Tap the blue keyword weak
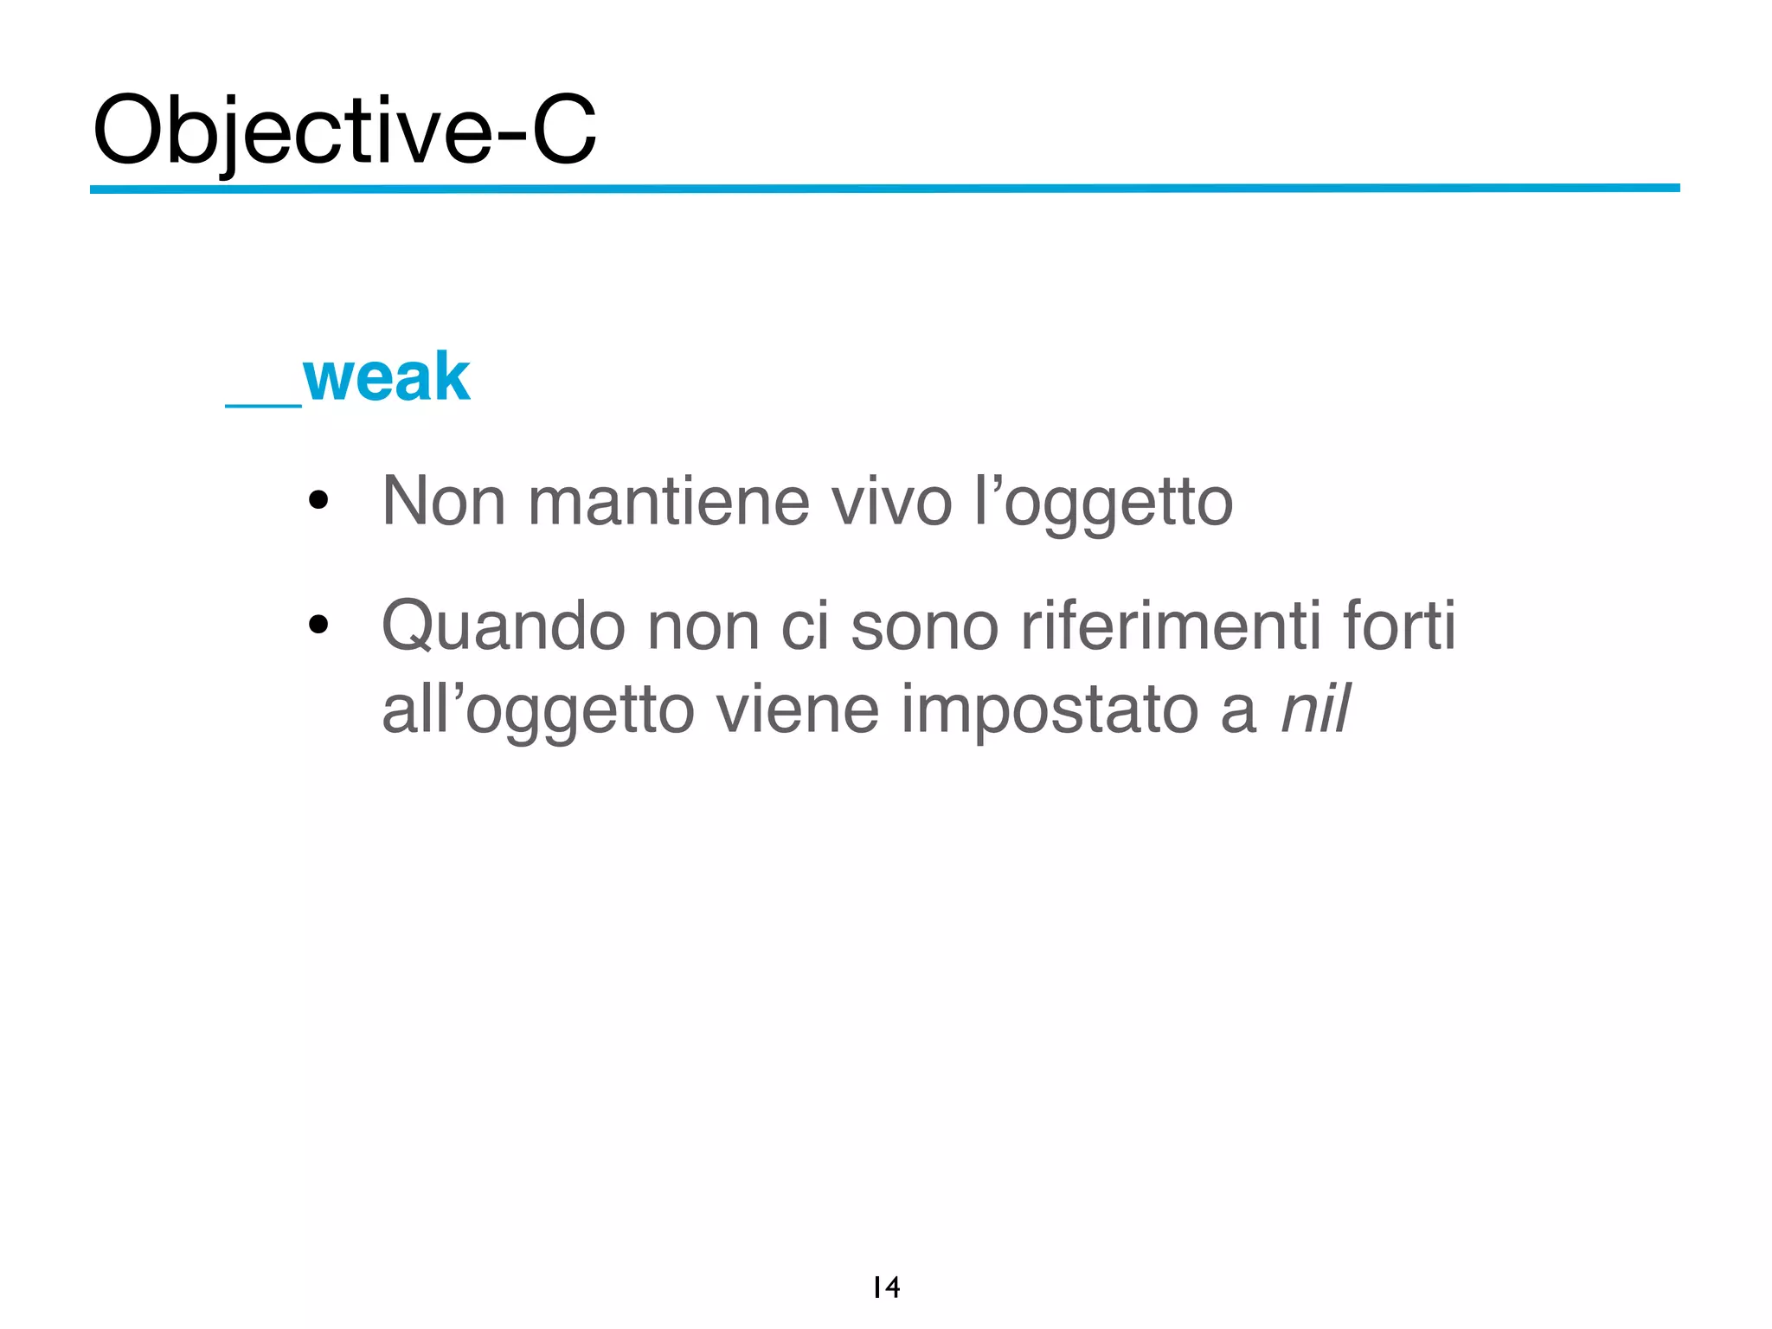coord(386,377)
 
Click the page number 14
coord(886,1287)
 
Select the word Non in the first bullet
coord(443,502)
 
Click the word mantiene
coord(668,502)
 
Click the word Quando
coord(503,626)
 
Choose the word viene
coord(797,709)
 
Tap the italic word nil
coord(1314,709)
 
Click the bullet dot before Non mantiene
coord(318,500)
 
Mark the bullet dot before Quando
coord(318,624)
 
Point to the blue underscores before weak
coord(263,403)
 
